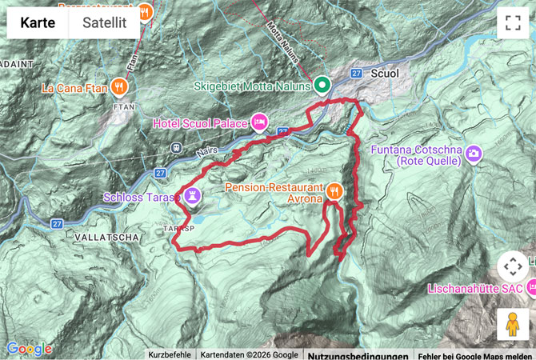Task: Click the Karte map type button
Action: coord(38,23)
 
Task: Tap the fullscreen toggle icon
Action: coord(513,23)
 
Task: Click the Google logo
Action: coord(29,349)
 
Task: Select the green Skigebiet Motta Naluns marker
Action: coord(322,84)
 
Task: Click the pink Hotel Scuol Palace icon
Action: coord(259,122)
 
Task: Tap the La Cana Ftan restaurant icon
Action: coord(118,86)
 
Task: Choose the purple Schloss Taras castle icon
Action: coord(192,195)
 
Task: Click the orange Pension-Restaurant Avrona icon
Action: coord(334,190)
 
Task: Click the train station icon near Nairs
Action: coord(175,147)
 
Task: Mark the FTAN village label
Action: coord(123,106)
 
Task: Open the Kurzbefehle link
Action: coord(170,354)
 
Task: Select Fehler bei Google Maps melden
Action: coord(476,354)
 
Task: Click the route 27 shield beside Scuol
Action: coord(357,74)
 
